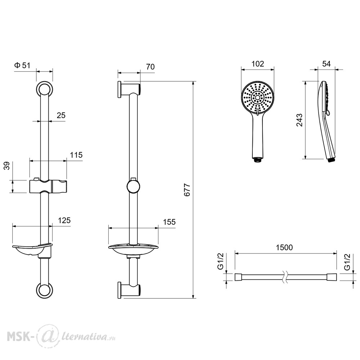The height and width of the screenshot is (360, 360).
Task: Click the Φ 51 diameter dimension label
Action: point(22,66)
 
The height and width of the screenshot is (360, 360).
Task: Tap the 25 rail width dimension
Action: point(61,115)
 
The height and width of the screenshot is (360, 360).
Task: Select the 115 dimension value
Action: point(76,155)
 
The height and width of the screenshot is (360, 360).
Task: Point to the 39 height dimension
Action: point(7,166)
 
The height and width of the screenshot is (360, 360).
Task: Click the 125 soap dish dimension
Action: point(64,220)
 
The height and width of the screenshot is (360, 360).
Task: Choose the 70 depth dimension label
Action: point(150,67)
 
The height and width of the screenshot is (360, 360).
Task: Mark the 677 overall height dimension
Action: point(187,190)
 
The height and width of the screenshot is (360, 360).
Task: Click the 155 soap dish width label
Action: point(169,222)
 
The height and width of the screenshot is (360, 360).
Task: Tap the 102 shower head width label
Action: point(258,64)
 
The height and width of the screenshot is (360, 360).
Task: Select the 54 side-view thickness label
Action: point(326,64)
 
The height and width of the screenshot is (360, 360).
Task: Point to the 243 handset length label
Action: point(300,120)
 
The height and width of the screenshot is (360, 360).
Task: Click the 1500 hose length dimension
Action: point(284,247)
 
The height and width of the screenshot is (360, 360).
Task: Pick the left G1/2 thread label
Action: point(220,261)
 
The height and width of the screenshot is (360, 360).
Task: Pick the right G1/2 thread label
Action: point(347,261)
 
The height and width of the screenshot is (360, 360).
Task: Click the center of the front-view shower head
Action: point(258,98)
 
